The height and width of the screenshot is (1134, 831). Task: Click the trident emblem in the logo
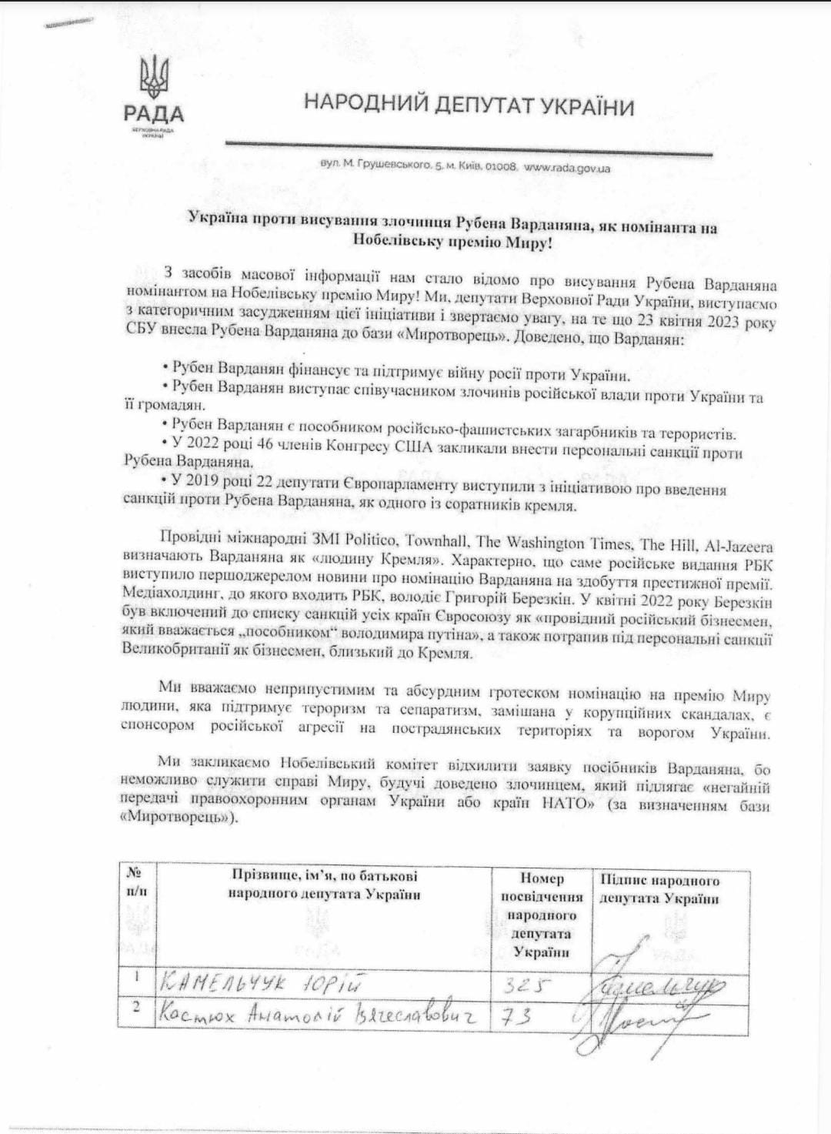154,78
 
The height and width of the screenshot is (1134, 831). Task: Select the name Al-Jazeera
738,546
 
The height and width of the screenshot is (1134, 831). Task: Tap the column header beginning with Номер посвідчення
542,915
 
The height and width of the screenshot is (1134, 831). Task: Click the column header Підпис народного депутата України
659,889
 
